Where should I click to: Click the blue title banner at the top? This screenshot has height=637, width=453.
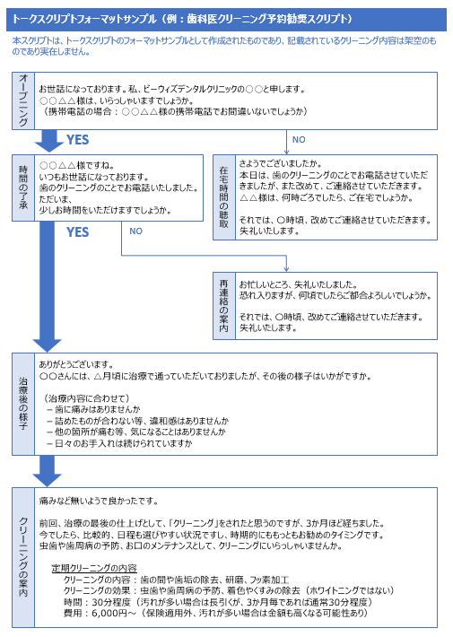pyautogui.click(x=226, y=19)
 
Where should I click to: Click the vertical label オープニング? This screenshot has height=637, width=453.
pyautogui.click(x=23, y=100)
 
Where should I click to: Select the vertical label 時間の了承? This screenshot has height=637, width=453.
pyautogui.click(x=23, y=188)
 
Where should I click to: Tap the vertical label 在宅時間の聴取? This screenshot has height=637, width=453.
pyautogui.click(x=224, y=197)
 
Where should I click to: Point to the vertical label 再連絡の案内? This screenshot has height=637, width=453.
pyautogui.click(x=224, y=306)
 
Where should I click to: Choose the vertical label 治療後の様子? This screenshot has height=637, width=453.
pyautogui.click(x=23, y=404)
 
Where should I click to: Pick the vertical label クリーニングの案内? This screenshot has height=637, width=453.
pyautogui.click(x=23, y=557)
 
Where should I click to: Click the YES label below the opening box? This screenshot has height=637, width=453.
pyautogui.click(x=78, y=140)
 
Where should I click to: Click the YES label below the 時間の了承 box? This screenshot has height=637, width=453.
pyautogui.click(x=78, y=232)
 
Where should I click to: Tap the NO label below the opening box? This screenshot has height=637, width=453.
pyautogui.click(x=299, y=139)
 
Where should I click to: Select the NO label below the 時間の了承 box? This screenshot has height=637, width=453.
pyautogui.click(x=135, y=231)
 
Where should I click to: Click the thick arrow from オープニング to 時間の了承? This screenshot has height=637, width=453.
pyautogui.click(x=48, y=141)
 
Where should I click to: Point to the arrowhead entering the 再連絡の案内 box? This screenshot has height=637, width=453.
pyautogui.click(x=286, y=268)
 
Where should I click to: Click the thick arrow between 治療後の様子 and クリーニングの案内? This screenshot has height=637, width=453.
pyautogui.click(x=48, y=471)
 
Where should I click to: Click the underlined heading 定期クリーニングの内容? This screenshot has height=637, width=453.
pyautogui.click(x=94, y=568)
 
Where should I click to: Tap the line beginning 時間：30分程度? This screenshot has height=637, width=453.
pyautogui.click(x=218, y=602)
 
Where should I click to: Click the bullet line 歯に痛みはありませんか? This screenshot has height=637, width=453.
pyautogui.click(x=94, y=409)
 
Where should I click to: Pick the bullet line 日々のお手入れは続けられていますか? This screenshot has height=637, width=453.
pyautogui.click(x=120, y=443)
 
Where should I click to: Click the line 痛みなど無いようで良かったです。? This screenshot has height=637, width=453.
pyautogui.click(x=99, y=501)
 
